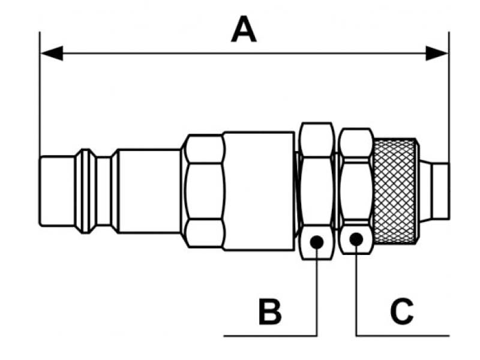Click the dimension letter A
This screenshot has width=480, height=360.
pos(244,30)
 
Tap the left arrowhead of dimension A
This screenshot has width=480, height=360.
pos(52,53)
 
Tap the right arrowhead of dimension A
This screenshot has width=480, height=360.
pos(437,53)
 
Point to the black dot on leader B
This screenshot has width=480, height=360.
pos(317,242)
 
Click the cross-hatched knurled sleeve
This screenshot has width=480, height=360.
pos(394,191)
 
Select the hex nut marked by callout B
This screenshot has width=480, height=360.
pos(316,186)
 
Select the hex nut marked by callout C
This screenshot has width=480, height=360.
pos(356,186)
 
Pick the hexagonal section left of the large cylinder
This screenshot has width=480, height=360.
pos(204,191)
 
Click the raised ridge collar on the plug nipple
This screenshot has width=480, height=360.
pos(88,191)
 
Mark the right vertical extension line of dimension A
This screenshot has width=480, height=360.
pos(449,96)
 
